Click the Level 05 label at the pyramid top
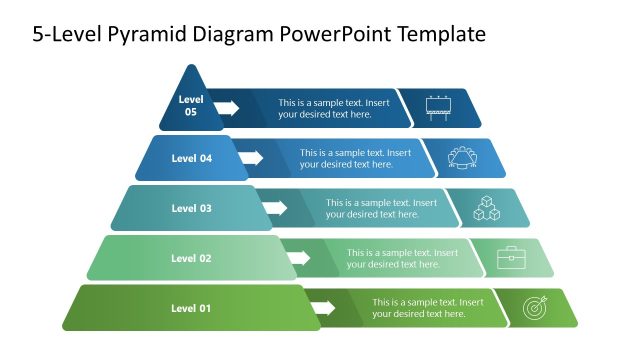pyautogui.click(x=190, y=106)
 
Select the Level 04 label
pyautogui.click(x=191, y=158)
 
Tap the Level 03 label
pyautogui.click(x=191, y=208)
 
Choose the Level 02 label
pyautogui.click(x=191, y=258)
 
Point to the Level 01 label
pyautogui.click(x=191, y=308)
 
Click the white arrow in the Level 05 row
pyautogui.click(x=227, y=107)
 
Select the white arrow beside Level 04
pyautogui.click(x=251, y=158)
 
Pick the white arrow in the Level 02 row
pyautogui.click(x=297, y=258)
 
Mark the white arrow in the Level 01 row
pyautogui.click(x=321, y=308)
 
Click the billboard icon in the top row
pyautogui.click(x=438, y=108)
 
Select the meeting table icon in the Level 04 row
pyautogui.click(x=463, y=158)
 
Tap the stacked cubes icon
pyautogui.click(x=487, y=208)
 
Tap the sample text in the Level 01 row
pyautogui.click(x=428, y=308)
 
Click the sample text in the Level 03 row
pyautogui.click(x=381, y=208)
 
